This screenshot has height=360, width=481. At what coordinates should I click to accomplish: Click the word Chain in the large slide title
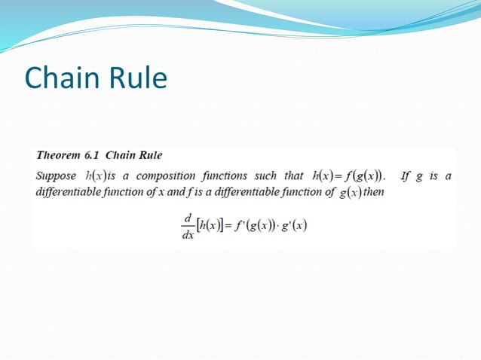(x=60, y=78)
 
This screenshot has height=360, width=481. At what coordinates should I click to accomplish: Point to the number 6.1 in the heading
(x=92, y=156)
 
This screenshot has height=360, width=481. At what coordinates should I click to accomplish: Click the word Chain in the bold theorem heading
(x=119, y=156)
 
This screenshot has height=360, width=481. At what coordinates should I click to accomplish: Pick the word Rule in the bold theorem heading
(x=149, y=156)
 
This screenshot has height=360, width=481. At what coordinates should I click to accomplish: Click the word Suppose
(x=56, y=176)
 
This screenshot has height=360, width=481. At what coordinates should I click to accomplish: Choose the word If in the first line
(x=405, y=176)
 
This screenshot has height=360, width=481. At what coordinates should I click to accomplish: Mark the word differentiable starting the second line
(x=66, y=191)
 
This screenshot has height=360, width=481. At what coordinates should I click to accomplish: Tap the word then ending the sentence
(x=374, y=191)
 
